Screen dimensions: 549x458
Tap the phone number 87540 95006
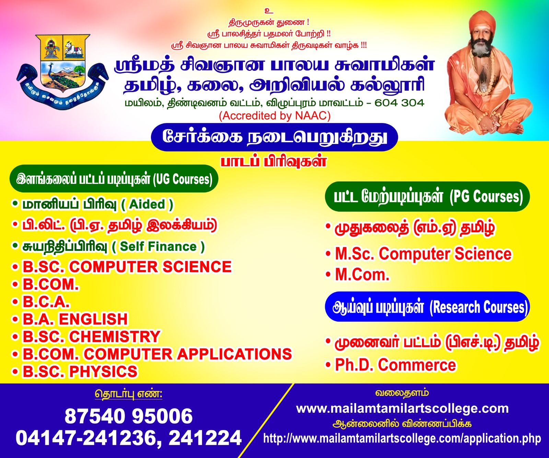click(129, 416)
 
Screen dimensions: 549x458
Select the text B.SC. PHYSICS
click(80, 372)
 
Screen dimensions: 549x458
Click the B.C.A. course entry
click(46, 302)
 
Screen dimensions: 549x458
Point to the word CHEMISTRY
click(115, 337)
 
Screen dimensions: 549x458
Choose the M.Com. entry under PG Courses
click(362, 275)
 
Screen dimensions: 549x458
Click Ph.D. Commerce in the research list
click(395, 365)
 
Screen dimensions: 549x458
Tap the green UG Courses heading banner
click(114, 179)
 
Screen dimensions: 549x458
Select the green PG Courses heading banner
click(428, 197)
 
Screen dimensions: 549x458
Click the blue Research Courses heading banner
click(428, 307)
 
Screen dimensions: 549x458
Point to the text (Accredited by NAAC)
click(275, 115)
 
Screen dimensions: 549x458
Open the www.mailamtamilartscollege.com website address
click(402, 409)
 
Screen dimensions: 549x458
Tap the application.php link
click(402, 438)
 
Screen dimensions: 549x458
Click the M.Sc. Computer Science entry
click(423, 254)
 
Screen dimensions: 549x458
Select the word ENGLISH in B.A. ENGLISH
click(93, 319)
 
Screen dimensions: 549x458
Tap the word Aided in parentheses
click(147, 204)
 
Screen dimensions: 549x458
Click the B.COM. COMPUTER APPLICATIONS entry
click(157, 354)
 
